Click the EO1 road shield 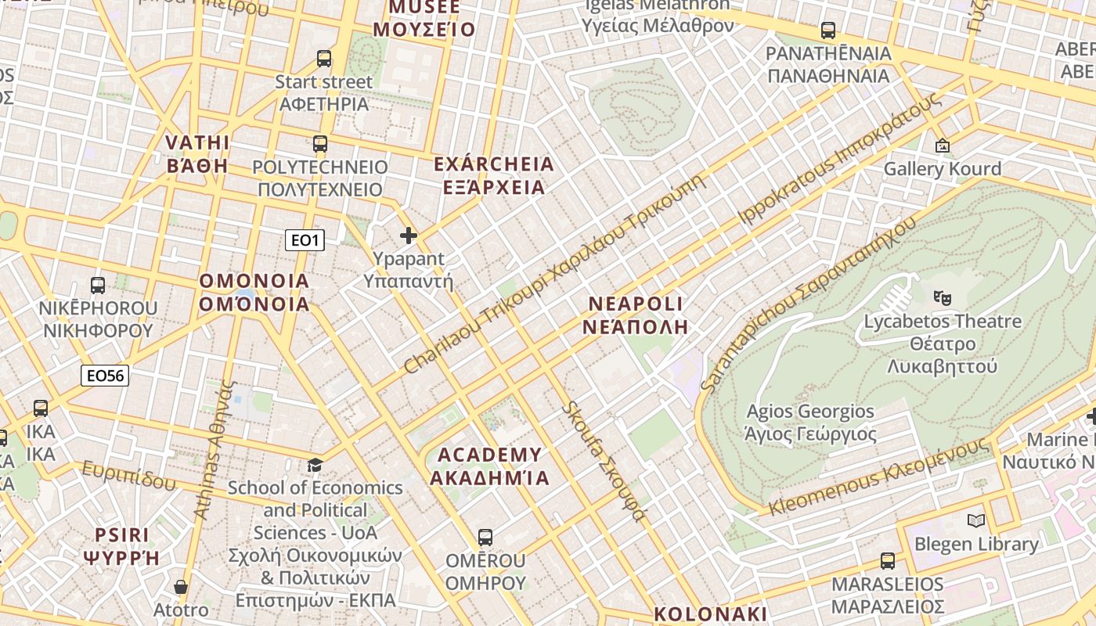pos(305,240)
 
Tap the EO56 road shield pos(105,376)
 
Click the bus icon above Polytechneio pos(320,144)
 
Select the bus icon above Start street pos(324,59)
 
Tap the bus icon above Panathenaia pos(828,31)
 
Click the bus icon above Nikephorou pos(98,286)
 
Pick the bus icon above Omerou pos(485,538)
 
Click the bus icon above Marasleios pos(887,561)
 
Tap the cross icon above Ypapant pos(409,236)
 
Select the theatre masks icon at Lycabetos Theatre pos(943,297)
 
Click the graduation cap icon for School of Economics pos(315,466)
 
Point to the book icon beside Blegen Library pos(975,521)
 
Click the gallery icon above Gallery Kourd pos(942,146)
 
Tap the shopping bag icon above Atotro pos(181,587)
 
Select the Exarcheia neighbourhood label pos(494,176)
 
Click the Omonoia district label pos(254,293)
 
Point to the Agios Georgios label pos(810,423)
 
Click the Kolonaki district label pos(711,613)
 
